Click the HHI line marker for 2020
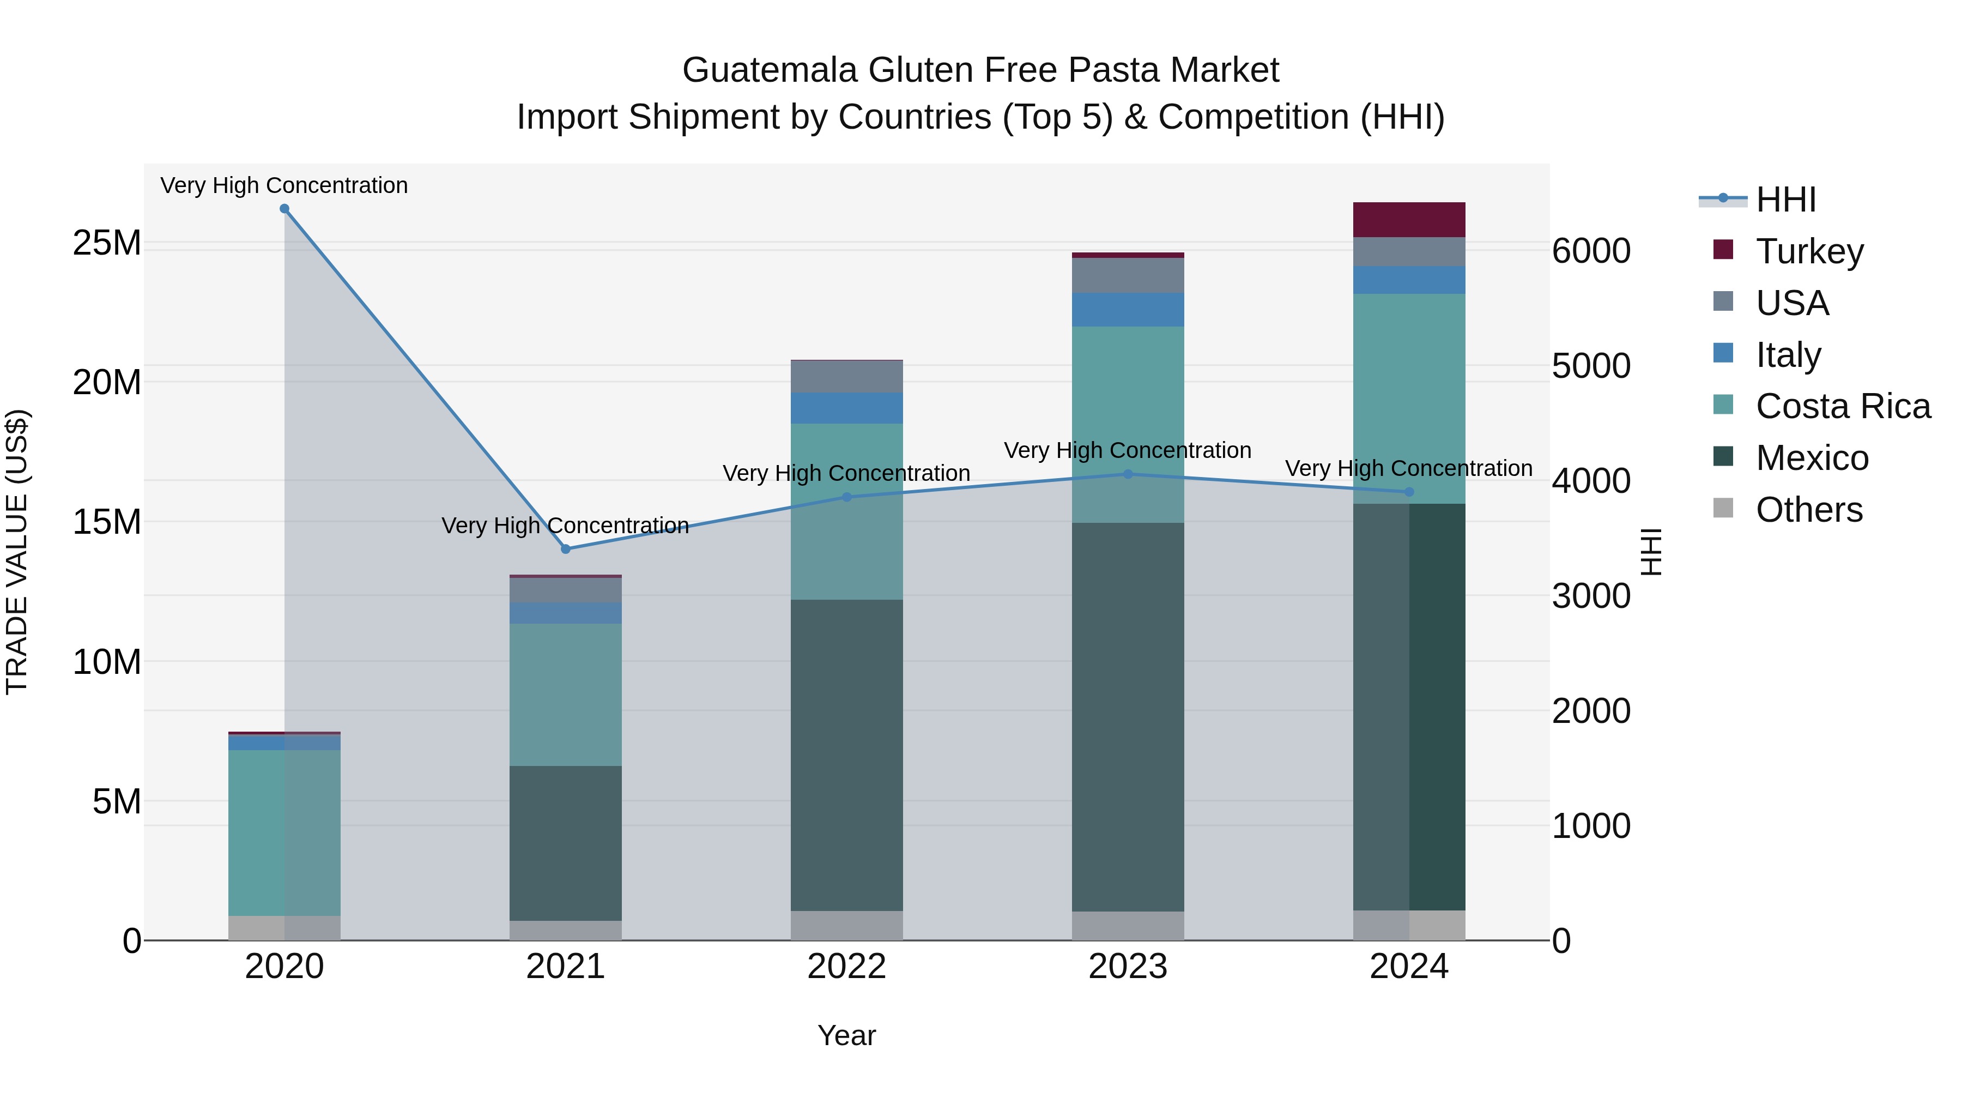coord(284,209)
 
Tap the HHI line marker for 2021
coord(565,550)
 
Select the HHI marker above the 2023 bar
coord(1128,474)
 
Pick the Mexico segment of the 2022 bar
coord(846,755)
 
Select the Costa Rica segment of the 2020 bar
coord(284,832)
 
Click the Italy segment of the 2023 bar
coord(1128,309)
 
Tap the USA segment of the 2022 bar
coord(846,376)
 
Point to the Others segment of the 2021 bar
coord(565,930)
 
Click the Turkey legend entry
coord(1809,251)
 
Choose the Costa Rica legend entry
coord(1843,406)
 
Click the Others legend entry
coord(1808,510)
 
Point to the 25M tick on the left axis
coord(107,243)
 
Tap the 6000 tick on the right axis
coord(1591,251)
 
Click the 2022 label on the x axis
coord(846,967)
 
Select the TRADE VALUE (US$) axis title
coord(17,552)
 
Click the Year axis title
coord(846,1035)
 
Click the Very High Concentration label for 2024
coord(1408,468)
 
